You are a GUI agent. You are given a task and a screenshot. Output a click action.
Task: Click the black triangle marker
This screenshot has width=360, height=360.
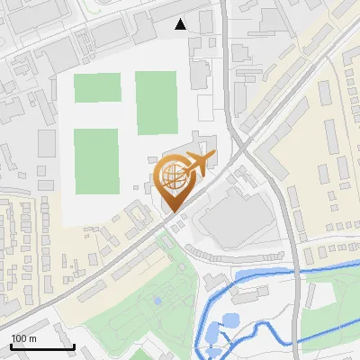(181, 24)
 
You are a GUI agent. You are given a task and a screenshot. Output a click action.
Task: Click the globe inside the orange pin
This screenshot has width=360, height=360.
(172, 176)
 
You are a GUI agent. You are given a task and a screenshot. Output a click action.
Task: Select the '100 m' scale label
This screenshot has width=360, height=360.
(24, 338)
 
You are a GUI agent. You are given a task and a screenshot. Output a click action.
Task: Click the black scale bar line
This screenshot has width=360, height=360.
(42, 346)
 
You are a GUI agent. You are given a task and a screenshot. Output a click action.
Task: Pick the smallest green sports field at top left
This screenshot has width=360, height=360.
(97, 88)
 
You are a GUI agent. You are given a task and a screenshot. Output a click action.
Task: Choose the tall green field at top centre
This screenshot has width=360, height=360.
(157, 103)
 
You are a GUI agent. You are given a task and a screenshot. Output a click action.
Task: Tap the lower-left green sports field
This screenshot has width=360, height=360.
(96, 161)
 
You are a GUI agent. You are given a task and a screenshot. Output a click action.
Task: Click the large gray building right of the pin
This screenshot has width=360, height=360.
(232, 217)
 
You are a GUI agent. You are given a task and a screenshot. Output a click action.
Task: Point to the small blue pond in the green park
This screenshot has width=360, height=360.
(157, 301)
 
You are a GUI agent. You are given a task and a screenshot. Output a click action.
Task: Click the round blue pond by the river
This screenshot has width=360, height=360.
(229, 319)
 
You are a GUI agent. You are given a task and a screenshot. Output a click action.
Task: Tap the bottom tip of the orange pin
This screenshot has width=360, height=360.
(172, 211)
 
